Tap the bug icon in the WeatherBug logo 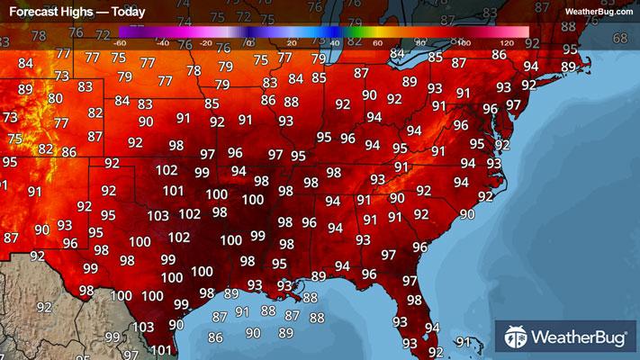point(517,337)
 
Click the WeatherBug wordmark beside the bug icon point(578,338)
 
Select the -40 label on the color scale point(163,42)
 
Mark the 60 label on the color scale point(377,42)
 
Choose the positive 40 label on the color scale point(334,42)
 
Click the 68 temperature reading point(620,39)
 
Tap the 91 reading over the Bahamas point(464,342)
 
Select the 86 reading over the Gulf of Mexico point(215,338)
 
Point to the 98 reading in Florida point(414,301)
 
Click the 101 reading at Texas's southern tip point(161,351)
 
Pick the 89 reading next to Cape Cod point(568,67)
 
